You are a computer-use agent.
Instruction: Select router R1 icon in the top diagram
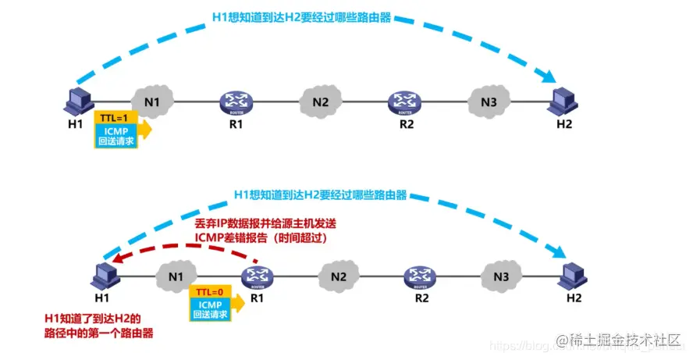click(x=235, y=101)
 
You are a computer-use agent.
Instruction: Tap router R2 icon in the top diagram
click(x=405, y=101)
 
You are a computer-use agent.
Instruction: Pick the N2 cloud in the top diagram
click(x=320, y=101)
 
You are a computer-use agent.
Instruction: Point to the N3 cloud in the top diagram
click(x=489, y=101)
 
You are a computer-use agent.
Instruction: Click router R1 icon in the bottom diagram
click(x=254, y=276)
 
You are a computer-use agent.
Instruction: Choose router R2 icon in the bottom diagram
click(x=421, y=276)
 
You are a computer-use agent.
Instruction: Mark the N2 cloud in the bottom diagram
click(x=338, y=276)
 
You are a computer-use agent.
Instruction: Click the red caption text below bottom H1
click(x=98, y=325)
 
